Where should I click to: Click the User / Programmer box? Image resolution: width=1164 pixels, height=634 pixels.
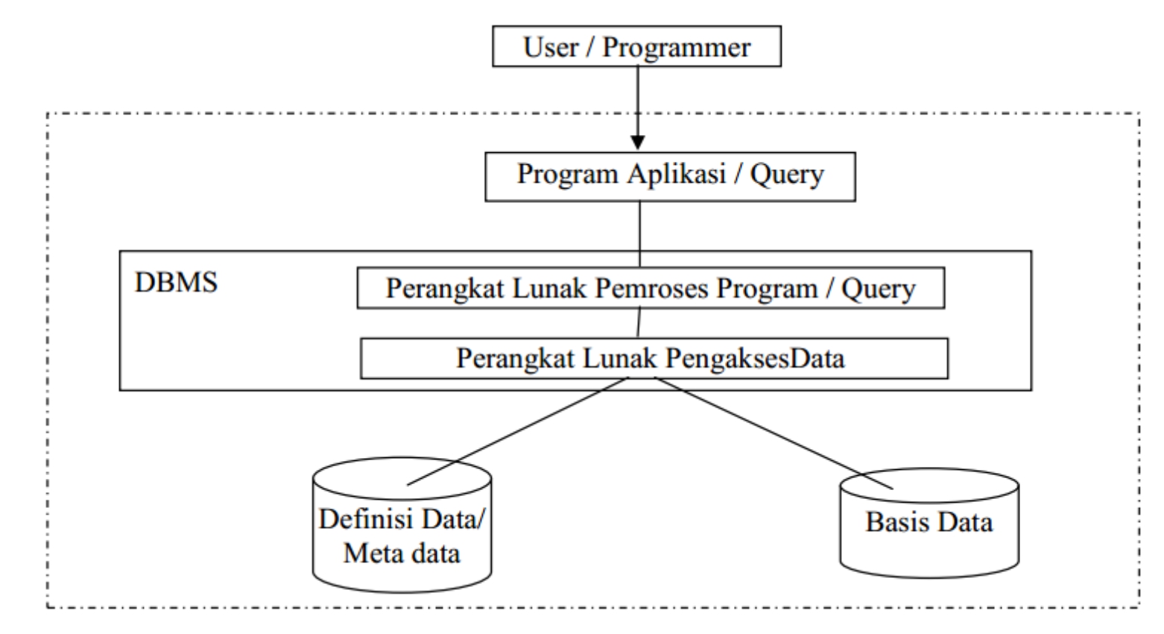coord(636,46)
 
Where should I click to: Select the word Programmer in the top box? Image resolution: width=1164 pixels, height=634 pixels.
coord(676,47)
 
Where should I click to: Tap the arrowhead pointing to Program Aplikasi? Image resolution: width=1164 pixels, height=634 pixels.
coord(637,142)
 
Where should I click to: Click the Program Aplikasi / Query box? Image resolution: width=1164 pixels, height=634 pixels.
coord(670,177)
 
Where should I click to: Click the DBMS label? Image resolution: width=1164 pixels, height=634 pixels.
coord(176,283)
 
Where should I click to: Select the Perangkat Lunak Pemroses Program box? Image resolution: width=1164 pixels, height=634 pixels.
coord(651,288)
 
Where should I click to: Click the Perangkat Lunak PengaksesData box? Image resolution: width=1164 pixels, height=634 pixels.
coord(654,358)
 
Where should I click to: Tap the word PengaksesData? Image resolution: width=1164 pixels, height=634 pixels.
coord(755,359)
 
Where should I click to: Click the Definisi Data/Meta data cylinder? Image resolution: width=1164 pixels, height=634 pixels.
coord(402,526)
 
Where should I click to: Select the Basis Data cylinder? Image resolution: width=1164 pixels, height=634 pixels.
coord(929,523)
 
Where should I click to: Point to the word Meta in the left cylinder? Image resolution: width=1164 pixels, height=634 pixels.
coord(373,553)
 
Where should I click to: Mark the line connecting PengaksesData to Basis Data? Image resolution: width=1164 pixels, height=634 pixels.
coord(775,433)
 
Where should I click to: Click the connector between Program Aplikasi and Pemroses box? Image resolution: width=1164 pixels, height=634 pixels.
coord(639,226)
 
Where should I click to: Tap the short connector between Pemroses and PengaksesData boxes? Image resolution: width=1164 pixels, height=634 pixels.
coord(638,323)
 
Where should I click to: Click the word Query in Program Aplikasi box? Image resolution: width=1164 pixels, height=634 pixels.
coord(787,175)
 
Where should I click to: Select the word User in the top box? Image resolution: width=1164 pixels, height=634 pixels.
coord(551,47)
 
